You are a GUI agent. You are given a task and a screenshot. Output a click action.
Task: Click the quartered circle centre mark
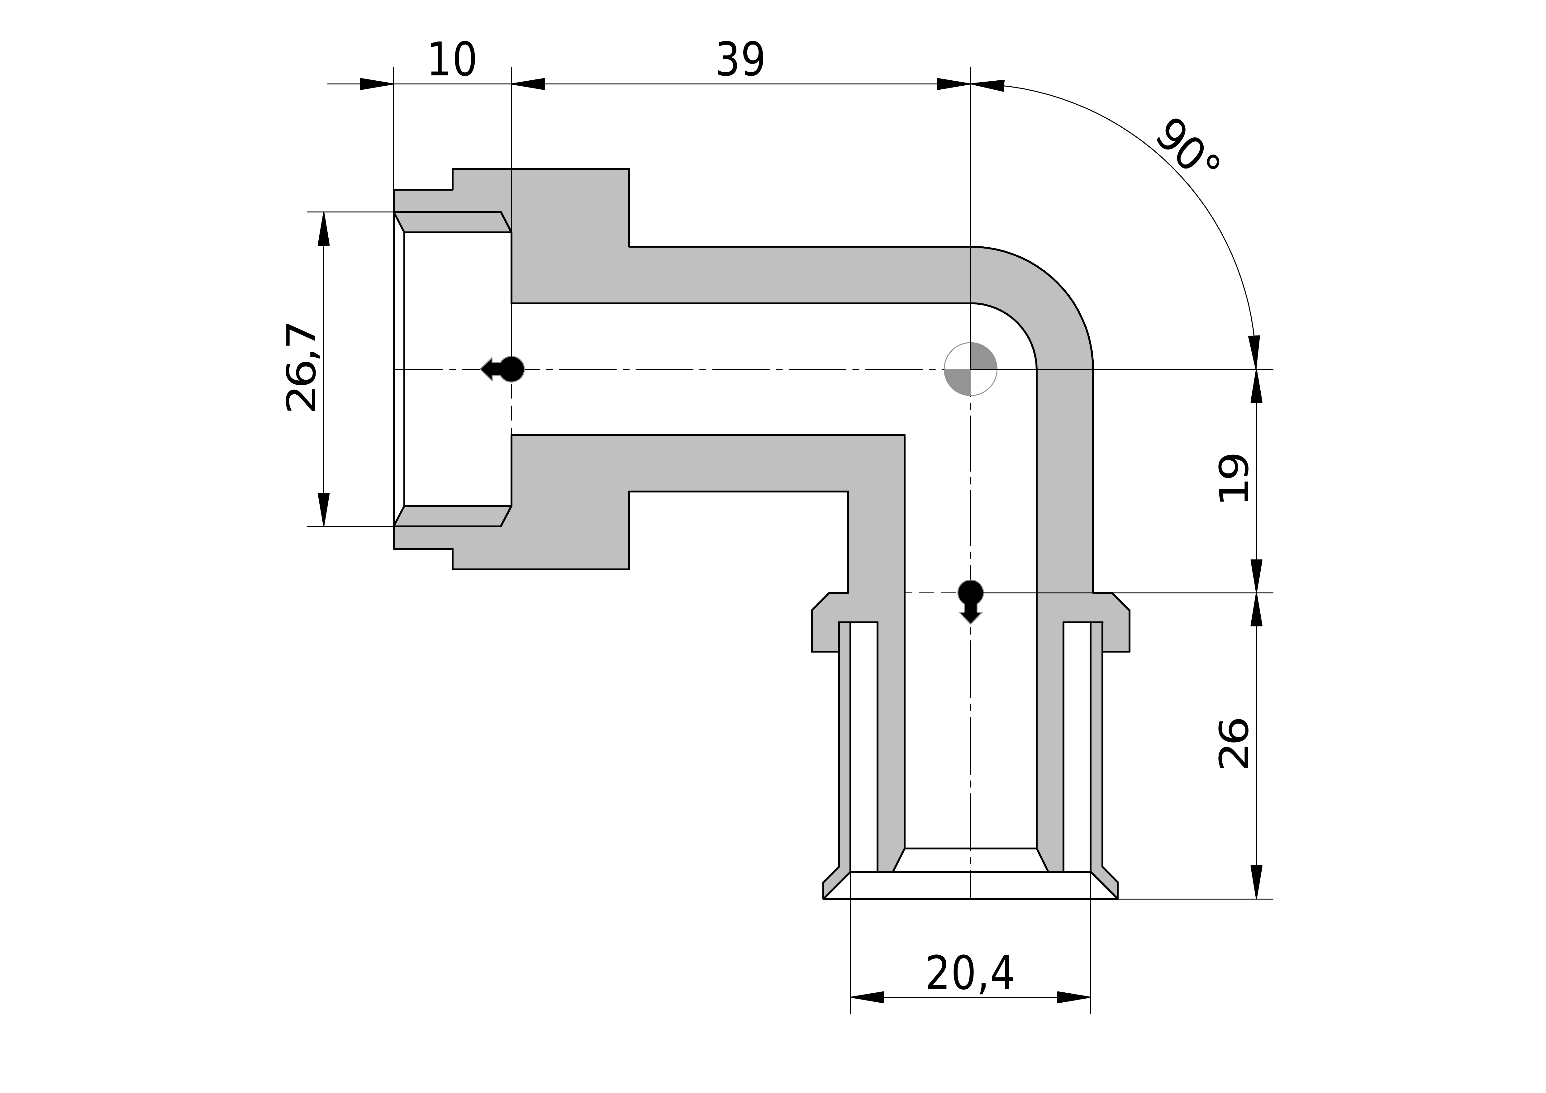(970, 369)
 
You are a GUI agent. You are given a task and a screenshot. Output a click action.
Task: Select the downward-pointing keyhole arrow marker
(970, 601)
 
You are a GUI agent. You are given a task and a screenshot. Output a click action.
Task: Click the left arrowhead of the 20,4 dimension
(867, 997)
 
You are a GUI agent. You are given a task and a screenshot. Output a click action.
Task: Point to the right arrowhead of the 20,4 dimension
(1074, 997)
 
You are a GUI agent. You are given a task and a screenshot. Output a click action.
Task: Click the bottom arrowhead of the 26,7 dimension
(324, 509)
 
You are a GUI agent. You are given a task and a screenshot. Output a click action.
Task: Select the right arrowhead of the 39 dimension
(954, 84)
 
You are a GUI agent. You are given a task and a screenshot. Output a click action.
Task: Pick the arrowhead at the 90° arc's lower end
(1254, 352)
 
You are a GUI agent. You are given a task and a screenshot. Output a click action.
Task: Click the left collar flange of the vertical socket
(825, 630)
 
